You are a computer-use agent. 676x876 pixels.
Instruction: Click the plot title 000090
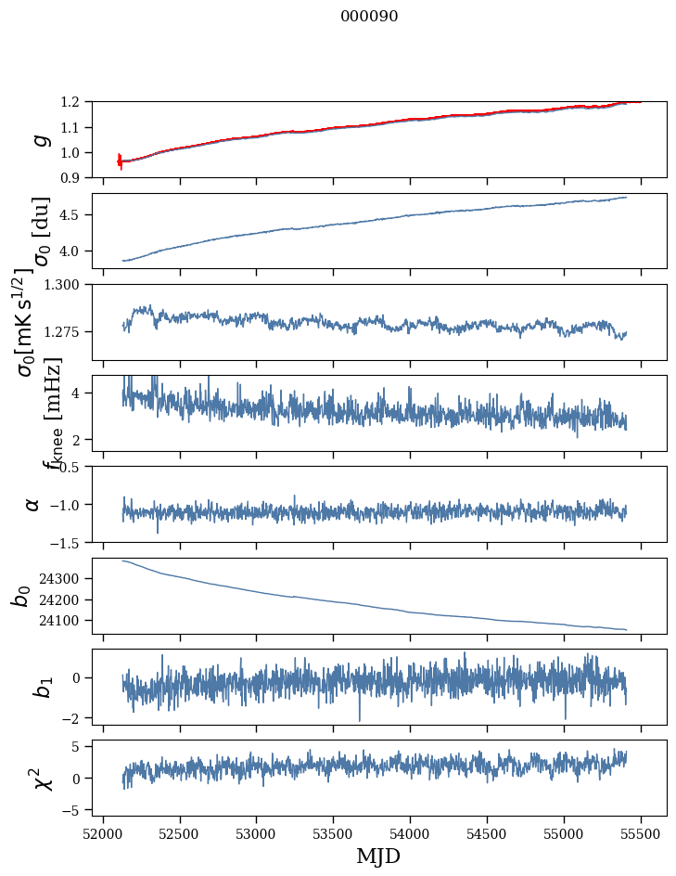coord(369,16)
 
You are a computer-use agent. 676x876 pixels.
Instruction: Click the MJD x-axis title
coord(378,856)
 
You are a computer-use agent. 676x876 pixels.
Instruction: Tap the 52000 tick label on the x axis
coord(103,831)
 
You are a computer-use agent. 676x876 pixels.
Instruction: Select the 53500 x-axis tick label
coord(333,831)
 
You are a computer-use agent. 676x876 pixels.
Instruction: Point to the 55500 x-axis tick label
coord(641,831)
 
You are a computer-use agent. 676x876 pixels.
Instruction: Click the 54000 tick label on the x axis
coord(410,831)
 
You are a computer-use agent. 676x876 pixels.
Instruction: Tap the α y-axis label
coord(33,504)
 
